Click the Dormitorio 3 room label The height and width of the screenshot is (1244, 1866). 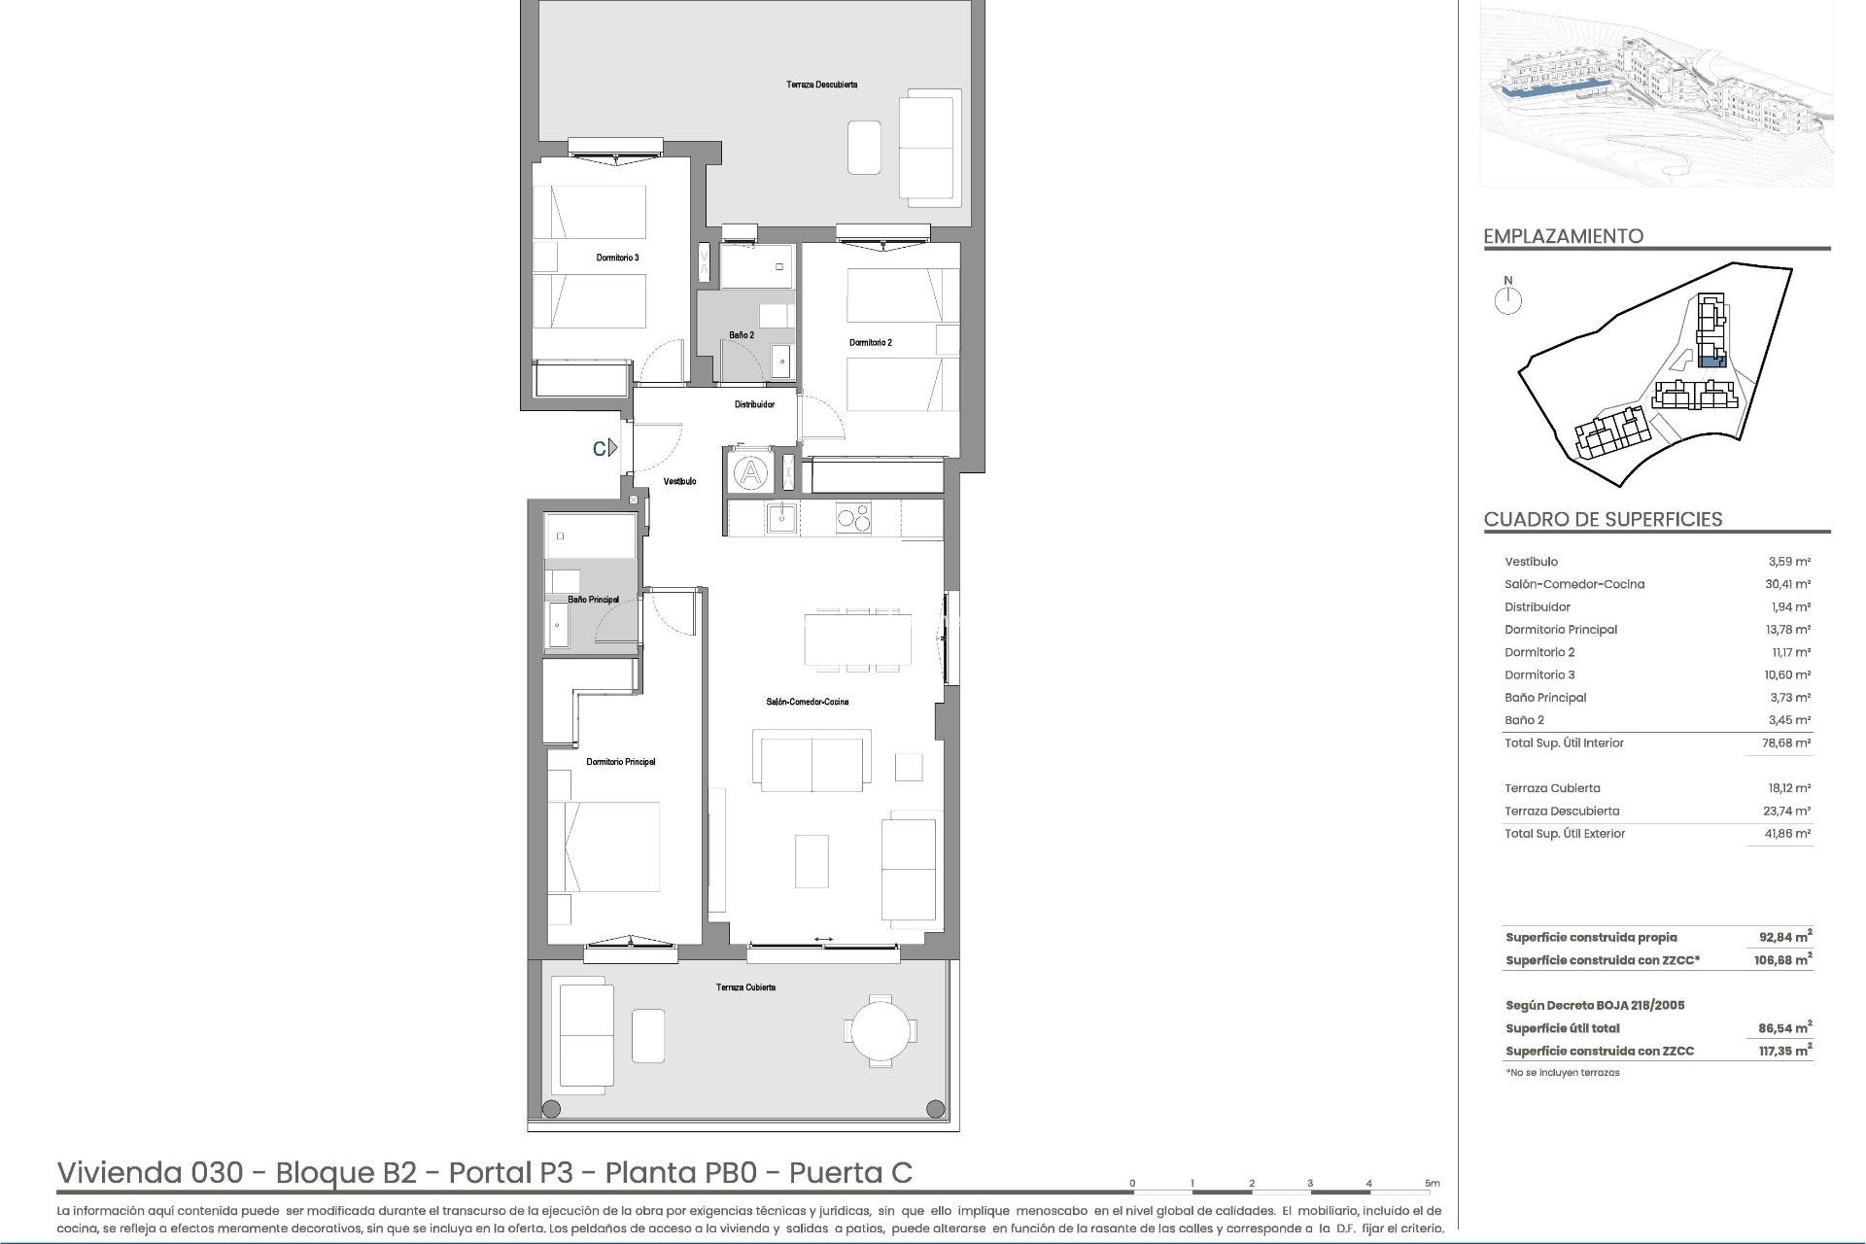[617, 258]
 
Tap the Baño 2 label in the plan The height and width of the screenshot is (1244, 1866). [742, 335]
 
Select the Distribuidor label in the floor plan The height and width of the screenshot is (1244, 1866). [754, 404]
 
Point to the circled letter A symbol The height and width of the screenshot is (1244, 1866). [750, 474]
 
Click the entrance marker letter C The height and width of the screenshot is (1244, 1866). [601, 448]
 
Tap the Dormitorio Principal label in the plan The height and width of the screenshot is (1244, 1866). [621, 762]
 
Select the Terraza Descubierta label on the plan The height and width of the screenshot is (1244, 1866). [821, 85]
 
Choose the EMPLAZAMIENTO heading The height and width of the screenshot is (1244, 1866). [1563, 236]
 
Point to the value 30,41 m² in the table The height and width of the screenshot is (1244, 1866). [1789, 584]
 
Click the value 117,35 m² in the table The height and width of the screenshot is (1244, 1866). [1786, 1051]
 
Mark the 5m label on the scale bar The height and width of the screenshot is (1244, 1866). [1432, 1184]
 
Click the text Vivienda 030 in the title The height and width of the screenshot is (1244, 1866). [151, 1173]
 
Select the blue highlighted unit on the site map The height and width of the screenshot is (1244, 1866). [1710, 362]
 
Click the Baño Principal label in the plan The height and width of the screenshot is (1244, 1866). [593, 600]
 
